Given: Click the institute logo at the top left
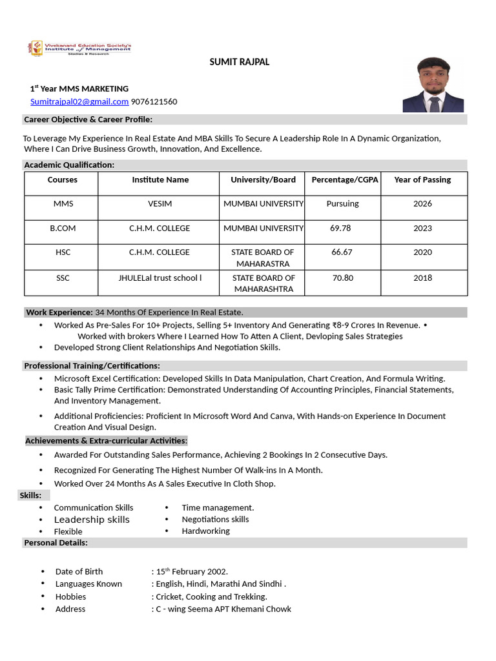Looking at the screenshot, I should point(79,48).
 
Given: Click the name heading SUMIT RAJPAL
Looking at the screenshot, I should point(240,62).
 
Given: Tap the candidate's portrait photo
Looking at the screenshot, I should point(433,85).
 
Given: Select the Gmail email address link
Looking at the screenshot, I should point(79,101).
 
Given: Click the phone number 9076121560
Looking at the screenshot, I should point(154,101).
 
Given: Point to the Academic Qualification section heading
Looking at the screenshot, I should point(69,165).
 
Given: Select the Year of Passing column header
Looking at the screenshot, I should point(422,179).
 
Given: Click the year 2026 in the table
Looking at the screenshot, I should point(422,203).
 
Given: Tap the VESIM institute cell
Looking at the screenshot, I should point(160,203).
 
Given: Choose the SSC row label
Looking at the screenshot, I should point(63,278).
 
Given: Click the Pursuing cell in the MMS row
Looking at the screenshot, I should point(342,203).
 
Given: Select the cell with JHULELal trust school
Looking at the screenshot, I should point(160,278).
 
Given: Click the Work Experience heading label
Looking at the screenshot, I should point(59,312).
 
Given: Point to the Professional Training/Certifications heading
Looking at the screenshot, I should point(92,365).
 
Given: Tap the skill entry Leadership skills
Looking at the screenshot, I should point(92,520).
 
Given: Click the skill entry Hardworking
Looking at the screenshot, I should point(205,531).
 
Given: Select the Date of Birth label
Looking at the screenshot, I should point(79,571).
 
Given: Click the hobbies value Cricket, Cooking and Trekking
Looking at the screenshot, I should point(211,596).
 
